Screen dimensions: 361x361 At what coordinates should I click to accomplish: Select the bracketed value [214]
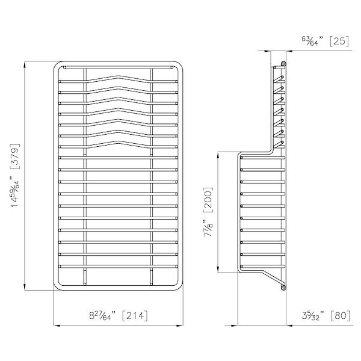(x=134, y=315)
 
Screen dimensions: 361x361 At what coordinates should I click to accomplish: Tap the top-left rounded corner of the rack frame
(x=58, y=65)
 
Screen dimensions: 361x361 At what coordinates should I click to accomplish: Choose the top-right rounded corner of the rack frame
(x=179, y=65)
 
